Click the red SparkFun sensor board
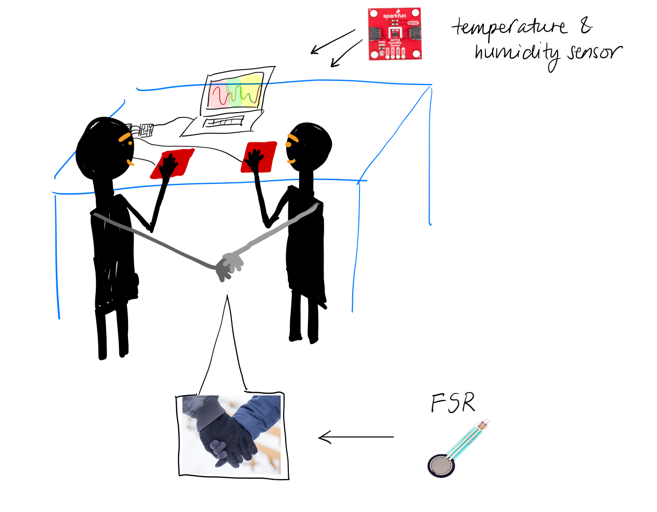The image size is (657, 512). point(395,34)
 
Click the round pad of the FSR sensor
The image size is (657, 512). point(441,465)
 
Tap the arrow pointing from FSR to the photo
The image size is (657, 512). point(356,437)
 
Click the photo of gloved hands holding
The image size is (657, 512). point(232,435)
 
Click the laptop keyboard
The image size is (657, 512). point(223,122)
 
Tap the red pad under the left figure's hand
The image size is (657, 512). point(173,164)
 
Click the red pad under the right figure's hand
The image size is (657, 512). point(259,157)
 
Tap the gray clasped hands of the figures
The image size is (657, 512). point(227,266)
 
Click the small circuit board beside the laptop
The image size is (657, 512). point(143,130)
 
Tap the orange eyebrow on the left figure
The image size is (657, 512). point(124,137)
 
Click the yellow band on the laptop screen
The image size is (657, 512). point(251,90)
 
